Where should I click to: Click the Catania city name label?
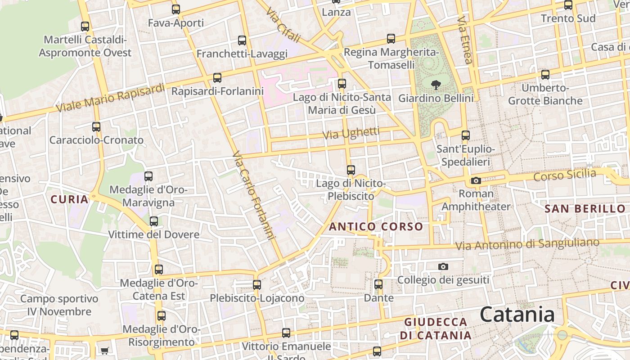[x=517, y=314]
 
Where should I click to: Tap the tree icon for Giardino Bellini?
[x=436, y=84]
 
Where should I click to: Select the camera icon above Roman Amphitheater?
[x=476, y=181]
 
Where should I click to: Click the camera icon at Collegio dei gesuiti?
[x=443, y=266]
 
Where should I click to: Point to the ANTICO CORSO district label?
[x=376, y=226]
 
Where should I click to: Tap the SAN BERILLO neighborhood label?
[x=585, y=208]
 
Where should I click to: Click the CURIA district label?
[x=69, y=199]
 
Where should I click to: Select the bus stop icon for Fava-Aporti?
[x=175, y=9]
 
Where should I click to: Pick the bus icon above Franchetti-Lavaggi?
[x=242, y=40]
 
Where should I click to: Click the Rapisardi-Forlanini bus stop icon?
[x=217, y=78]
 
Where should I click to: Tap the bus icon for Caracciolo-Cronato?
[x=96, y=127]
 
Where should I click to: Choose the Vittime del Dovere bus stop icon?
[x=154, y=221]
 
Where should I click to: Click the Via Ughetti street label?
[x=351, y=133]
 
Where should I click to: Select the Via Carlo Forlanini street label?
[x=253, y=196]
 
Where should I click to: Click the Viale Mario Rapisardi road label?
[x=111, y=98]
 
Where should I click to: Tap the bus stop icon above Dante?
[x=378, y=284]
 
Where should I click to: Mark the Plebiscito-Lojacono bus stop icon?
[x=257, y=285]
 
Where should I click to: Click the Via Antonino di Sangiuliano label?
[x=527, y=244]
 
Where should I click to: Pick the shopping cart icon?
[x=104, y=351]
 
